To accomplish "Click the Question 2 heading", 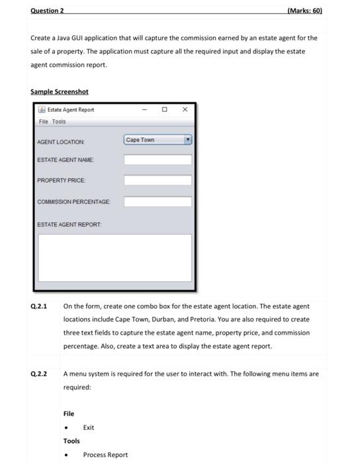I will (x=47, y=11).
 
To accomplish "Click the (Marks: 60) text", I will (x=305, y=11).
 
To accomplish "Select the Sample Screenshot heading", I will (x=59, y=91).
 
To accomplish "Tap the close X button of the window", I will (x=185, y=110).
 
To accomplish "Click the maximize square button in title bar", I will (x=165, y=110).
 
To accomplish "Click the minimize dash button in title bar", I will (x=144, y=110).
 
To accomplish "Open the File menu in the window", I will (x=43, y=122).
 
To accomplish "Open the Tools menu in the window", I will (x=59, y=122).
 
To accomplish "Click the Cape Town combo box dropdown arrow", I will (x=187, y=140).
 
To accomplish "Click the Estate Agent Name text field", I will (x=157, y=159).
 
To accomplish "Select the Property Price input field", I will (x=157, y=180).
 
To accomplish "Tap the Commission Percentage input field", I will (x=157, y=201).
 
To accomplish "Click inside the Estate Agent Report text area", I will (x=114, y=258).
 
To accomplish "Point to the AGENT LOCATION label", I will (x=61, y=142).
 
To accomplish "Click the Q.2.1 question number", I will (x=38, y=307).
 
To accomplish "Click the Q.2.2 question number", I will (x=38, y=374).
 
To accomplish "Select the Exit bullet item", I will (x=89, y=427).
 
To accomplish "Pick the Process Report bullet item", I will (x=105, y=454).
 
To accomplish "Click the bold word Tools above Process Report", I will (x=71, y=441).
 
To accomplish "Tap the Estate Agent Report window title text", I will (x=71, y=110).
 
